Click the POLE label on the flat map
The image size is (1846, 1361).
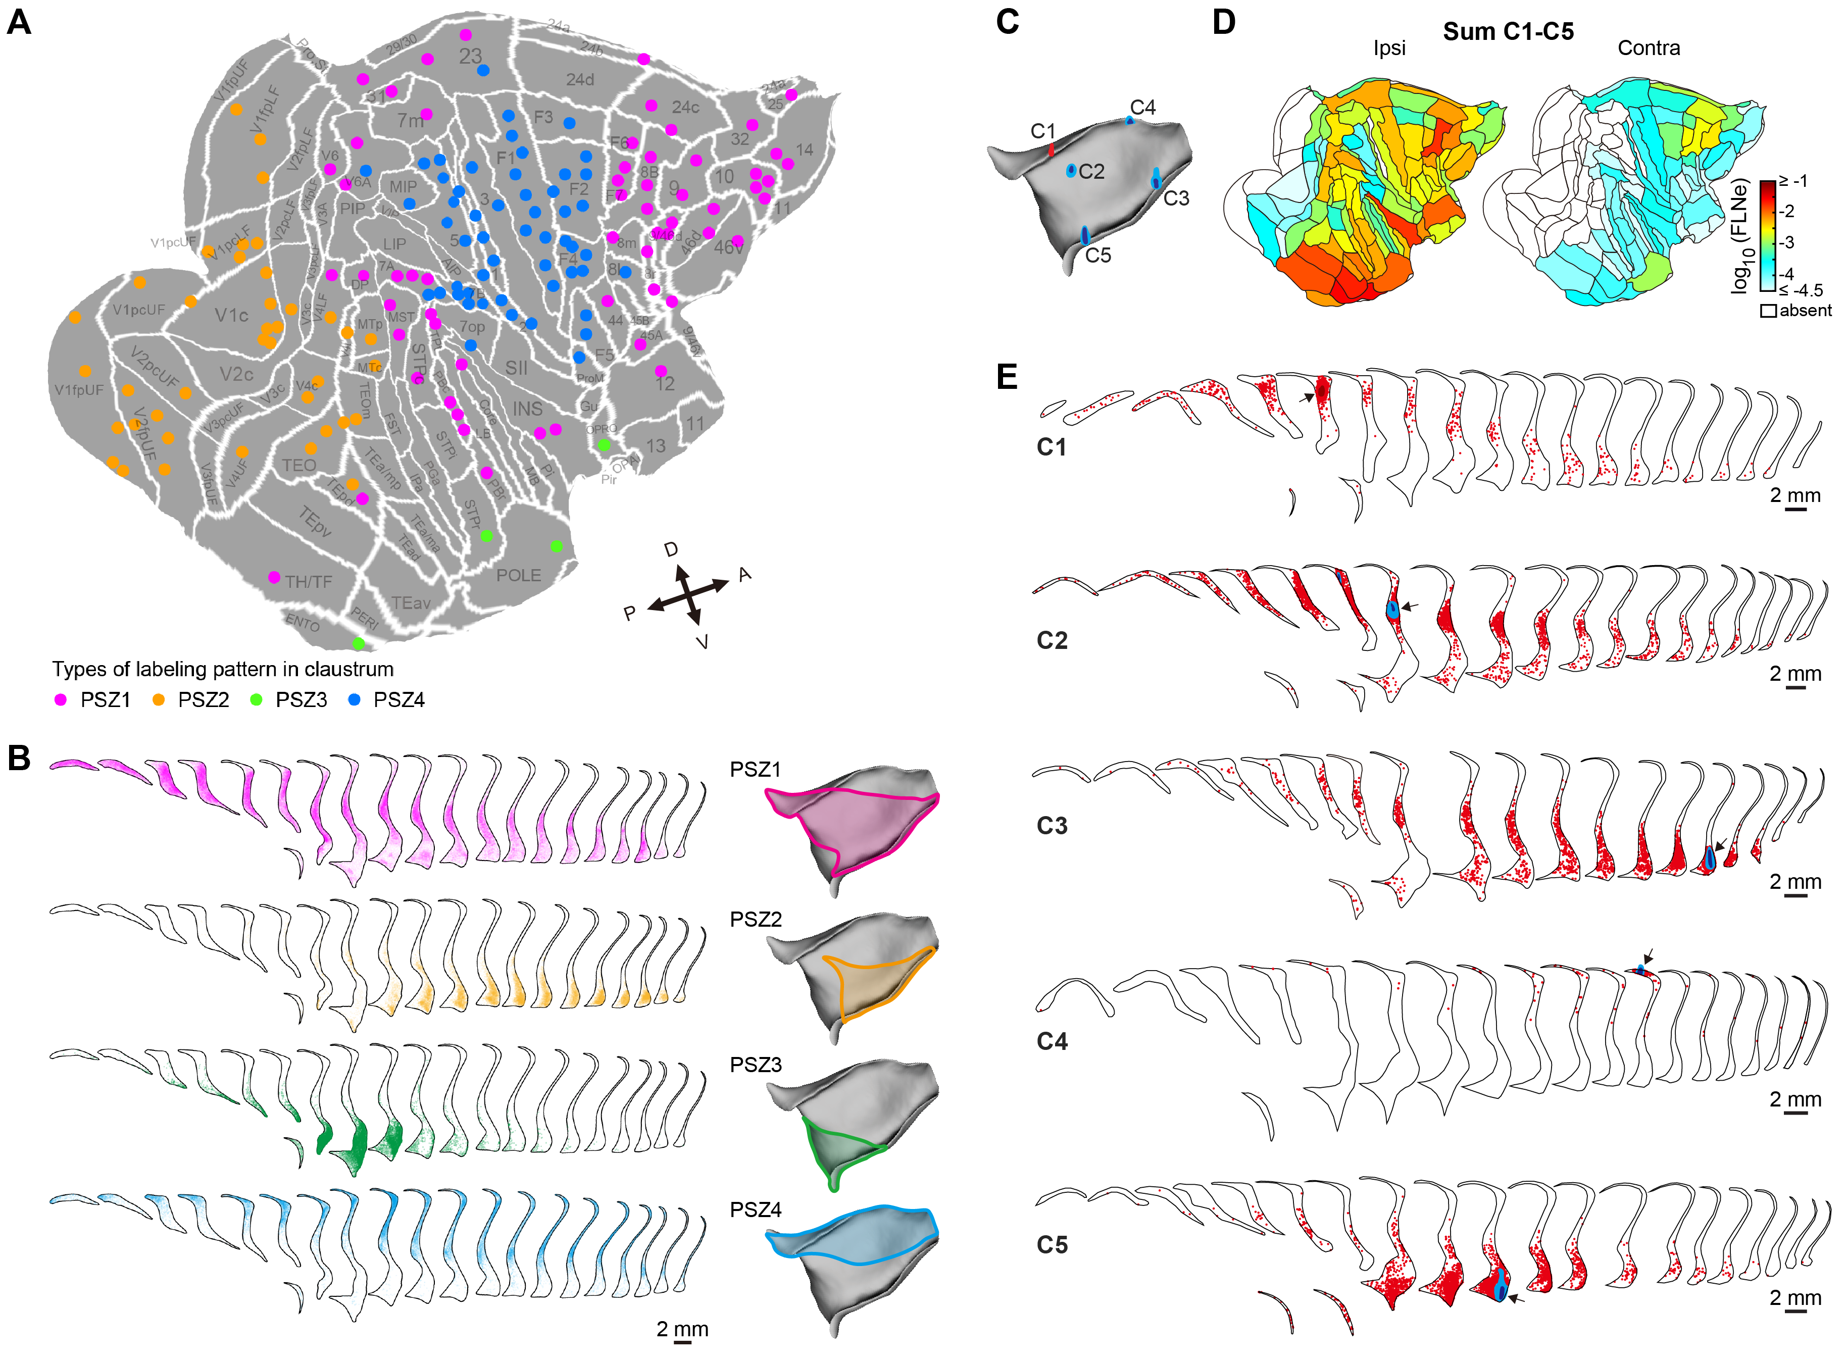518,575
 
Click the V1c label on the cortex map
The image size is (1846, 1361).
231,316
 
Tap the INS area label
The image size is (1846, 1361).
527,409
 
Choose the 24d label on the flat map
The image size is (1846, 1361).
580,80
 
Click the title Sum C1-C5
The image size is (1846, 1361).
1508,31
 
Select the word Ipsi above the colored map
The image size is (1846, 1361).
1389,48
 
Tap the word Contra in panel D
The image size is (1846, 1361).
1649,48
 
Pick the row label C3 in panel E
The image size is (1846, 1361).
1052,826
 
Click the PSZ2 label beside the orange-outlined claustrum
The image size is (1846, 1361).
756,920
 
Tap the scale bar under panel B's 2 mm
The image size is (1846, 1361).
682,1342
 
